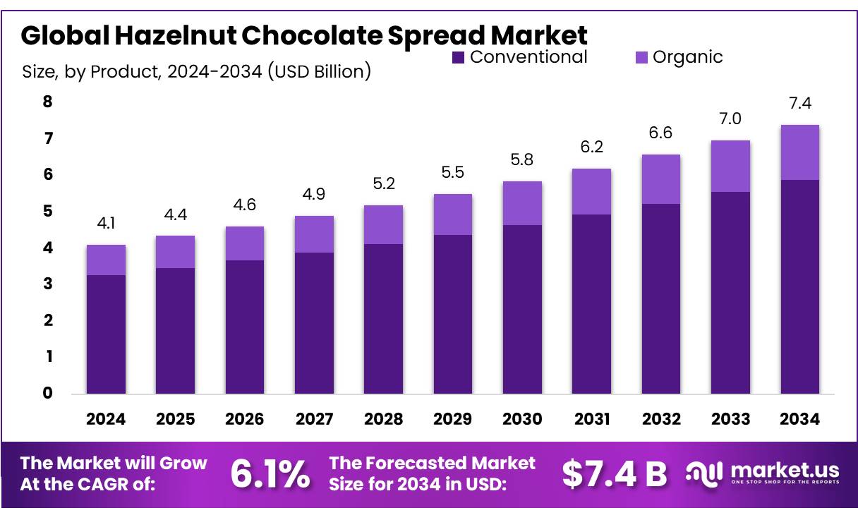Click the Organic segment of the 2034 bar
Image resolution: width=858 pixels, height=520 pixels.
point(799,152)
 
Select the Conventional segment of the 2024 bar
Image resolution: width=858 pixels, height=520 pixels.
point(106,334)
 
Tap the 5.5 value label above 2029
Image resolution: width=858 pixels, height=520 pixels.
point(453,172)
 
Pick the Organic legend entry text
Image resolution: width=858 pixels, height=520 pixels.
point(687,57)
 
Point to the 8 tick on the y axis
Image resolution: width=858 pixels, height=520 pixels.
point(48,102)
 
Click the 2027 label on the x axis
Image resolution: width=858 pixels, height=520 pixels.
point(314,419)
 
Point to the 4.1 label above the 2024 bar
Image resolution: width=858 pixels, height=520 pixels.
point(106,224)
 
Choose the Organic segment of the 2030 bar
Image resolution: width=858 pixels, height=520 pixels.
point(522,203)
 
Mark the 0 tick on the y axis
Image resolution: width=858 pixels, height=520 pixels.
point(48,393)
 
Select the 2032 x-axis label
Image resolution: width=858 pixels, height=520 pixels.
point(661,419)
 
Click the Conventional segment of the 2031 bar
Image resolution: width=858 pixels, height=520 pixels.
point(591,303)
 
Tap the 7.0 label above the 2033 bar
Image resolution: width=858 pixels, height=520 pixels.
point(730,119)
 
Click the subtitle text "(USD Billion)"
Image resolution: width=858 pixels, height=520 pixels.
point(319,71)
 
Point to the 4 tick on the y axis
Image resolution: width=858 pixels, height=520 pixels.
point(48,248)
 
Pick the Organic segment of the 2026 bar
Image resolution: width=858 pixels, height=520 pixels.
point(245,243)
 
